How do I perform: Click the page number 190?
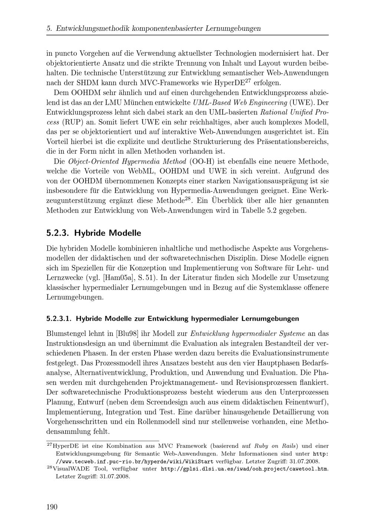point(52,507)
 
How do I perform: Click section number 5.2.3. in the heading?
point(58,233)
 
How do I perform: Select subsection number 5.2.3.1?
point(59,318)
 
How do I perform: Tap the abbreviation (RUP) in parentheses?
point(74,122)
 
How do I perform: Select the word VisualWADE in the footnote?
point(72,469)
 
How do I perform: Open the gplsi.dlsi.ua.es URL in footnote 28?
point(244,469)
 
